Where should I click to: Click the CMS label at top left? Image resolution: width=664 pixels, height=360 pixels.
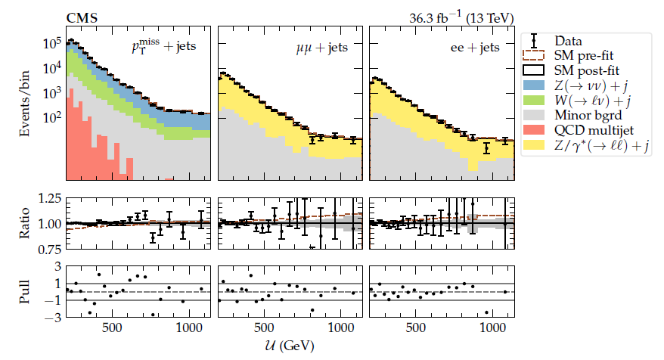(x=81, y=17)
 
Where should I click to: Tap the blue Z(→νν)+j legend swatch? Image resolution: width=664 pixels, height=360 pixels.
(x=535, y=85)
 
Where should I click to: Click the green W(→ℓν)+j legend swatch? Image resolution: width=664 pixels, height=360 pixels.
(x=535, y=101)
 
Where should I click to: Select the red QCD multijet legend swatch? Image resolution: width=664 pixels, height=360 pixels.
(x=535, y=132)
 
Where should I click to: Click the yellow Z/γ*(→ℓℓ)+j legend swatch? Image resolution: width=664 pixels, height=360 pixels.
(x=535, y=147)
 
